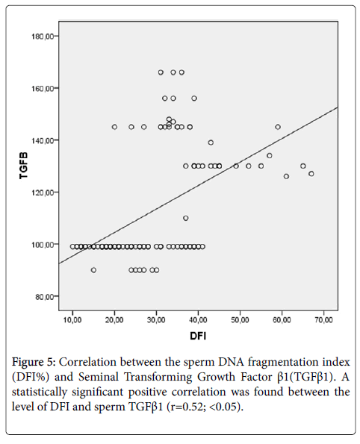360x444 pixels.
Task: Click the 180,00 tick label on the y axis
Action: pyautogui.click(x=42, y=37)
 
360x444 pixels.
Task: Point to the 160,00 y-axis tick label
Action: pyautogui.click(x=42, y=88)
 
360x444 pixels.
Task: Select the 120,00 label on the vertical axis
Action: pyautogui.click(x=42, y=193)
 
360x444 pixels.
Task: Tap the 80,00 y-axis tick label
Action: pyautogui.click(x=43, y=296)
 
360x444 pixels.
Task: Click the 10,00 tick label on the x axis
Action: pyautogui.click(x=72, y=320)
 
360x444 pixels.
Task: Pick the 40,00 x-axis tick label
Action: pyautogui.click(x=198, y=320)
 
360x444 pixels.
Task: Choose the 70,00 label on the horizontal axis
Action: pyautogui.click(x=323, y=320)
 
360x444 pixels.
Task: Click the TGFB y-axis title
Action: pyautogui.click(x=24, y=166)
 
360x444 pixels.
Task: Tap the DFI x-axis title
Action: pyautogui.click(x=198, y=336)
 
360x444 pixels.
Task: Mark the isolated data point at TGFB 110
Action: pyautogui.click(x=186, y=218)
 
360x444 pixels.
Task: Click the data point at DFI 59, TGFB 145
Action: pyautogui.click(x=278, y=127)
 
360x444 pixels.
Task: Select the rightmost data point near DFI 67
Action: pyautogui.click(x=311, y=174)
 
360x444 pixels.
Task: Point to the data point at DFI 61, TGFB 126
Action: pyautogui.click(x=286, y=176)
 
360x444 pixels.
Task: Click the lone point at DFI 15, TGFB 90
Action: pyautogui.click(x=93, y=270)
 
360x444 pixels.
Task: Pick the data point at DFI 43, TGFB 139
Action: pyautogui.click(x=211, y=143)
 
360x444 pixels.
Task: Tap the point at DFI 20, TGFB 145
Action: pyautogui.click(x=114, y=127)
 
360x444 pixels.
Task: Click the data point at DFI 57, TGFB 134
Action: pyautogui.click(x=270, y=155)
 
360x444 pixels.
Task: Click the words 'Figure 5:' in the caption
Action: pyautogui.click(x=34, y=362)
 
